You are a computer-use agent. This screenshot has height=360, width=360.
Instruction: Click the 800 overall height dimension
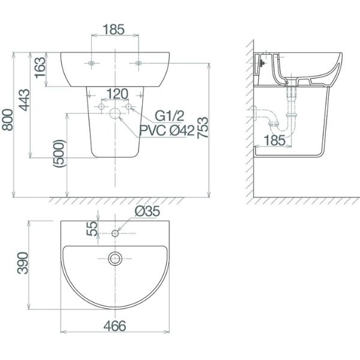tap(8, 120)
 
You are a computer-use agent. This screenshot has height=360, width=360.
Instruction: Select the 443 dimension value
tap(25, 100)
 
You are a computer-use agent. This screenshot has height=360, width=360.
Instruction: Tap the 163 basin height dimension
tap(40, 67)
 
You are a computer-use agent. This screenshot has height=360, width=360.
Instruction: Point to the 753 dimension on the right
tap(203, 128)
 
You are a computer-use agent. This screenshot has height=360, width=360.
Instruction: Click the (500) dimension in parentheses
tap(59, 153)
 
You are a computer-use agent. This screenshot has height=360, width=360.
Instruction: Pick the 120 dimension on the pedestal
tap(118, 94)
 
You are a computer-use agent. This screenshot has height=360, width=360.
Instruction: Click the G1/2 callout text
tap(170, 116)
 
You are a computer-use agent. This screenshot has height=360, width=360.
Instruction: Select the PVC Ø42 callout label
tap(167, 131)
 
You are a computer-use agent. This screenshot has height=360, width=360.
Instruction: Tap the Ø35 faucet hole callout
tap(148, 211)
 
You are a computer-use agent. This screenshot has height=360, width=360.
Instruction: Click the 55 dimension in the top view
tap(92, 229)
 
